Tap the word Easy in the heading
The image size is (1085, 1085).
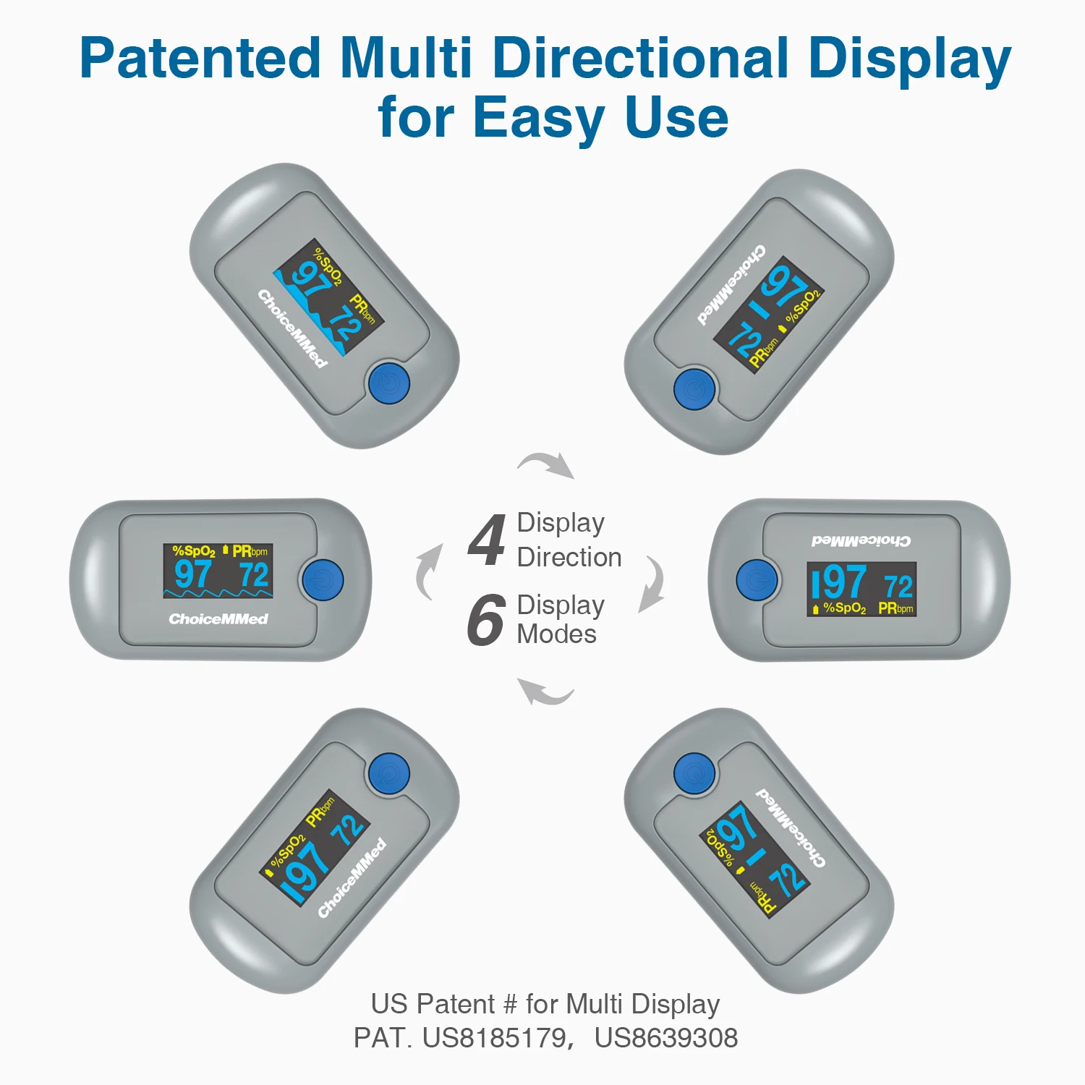pyautogui.click(x=539, y=117)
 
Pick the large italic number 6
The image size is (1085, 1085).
pyautogui.click(x=485, y=620)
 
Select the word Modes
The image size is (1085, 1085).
pyautogui.click(x=556, y=634)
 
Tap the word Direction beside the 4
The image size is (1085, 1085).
pyautogui.click(x=569, y=557)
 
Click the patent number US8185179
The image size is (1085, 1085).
pyautogui.click(x=494, y=1038)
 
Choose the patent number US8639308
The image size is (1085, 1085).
pyautogui.click(x=665, y=1038)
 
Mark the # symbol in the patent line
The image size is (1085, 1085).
pyautogui.click(x=510, y=1005)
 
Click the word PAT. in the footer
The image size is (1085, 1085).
pyautogui.click(x=382, y=1038)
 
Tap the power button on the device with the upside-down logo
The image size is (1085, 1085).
pyautogui.click(x=757, y=580)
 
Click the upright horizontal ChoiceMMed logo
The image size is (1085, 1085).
pyautogui.click(x=218, y=619)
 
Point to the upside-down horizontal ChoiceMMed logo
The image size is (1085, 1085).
pyautogui.click(x=861, y=540)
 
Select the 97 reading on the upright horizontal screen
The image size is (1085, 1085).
pyautogui.click(x=192, y=575)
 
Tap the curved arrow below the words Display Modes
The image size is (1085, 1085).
pyautogui.click(x=546, y=692)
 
